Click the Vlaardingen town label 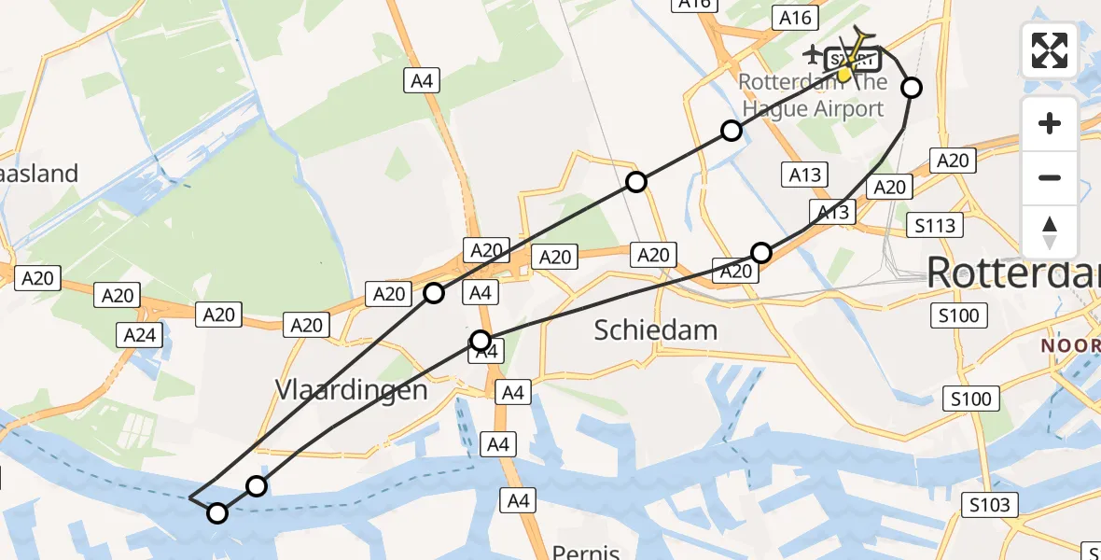(352, 389)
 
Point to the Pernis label (586, 552)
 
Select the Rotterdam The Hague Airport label (811, 95)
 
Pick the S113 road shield (935, 225)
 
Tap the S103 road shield (989, 506)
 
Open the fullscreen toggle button (1050, 50)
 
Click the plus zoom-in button (1050, 123)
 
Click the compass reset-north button (1050, 231)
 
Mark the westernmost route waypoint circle (217, 512)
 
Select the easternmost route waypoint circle (912, 88)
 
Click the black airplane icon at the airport (812, 55)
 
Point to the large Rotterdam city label (1012, 273)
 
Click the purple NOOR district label (1071, 344)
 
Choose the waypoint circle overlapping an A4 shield (481, 340)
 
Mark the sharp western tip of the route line (189, 498)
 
